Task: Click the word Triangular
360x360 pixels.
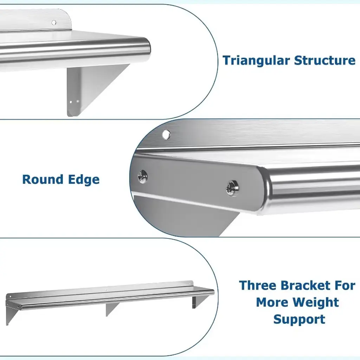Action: pyautogui.click(x=256, y=60)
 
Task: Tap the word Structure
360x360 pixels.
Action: pyautogui.click(x=324, y=60)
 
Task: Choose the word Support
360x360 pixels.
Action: pyautogui.click(x=299, y=319)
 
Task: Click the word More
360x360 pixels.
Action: pyautogui.click(x=274, y=302)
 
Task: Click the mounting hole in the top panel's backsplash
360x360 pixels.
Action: pyautogui.click(x=54, y=22)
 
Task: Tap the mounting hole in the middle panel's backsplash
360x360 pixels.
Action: pyautogui.click(x=166, y=135)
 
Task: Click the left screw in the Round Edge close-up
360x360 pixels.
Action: pyautogui.click(x=142, y=176)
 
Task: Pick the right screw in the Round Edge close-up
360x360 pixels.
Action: pyautogui.click(x=232, y=188)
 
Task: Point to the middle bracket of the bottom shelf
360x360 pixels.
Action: pyautogui.click(x=111, y=309)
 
